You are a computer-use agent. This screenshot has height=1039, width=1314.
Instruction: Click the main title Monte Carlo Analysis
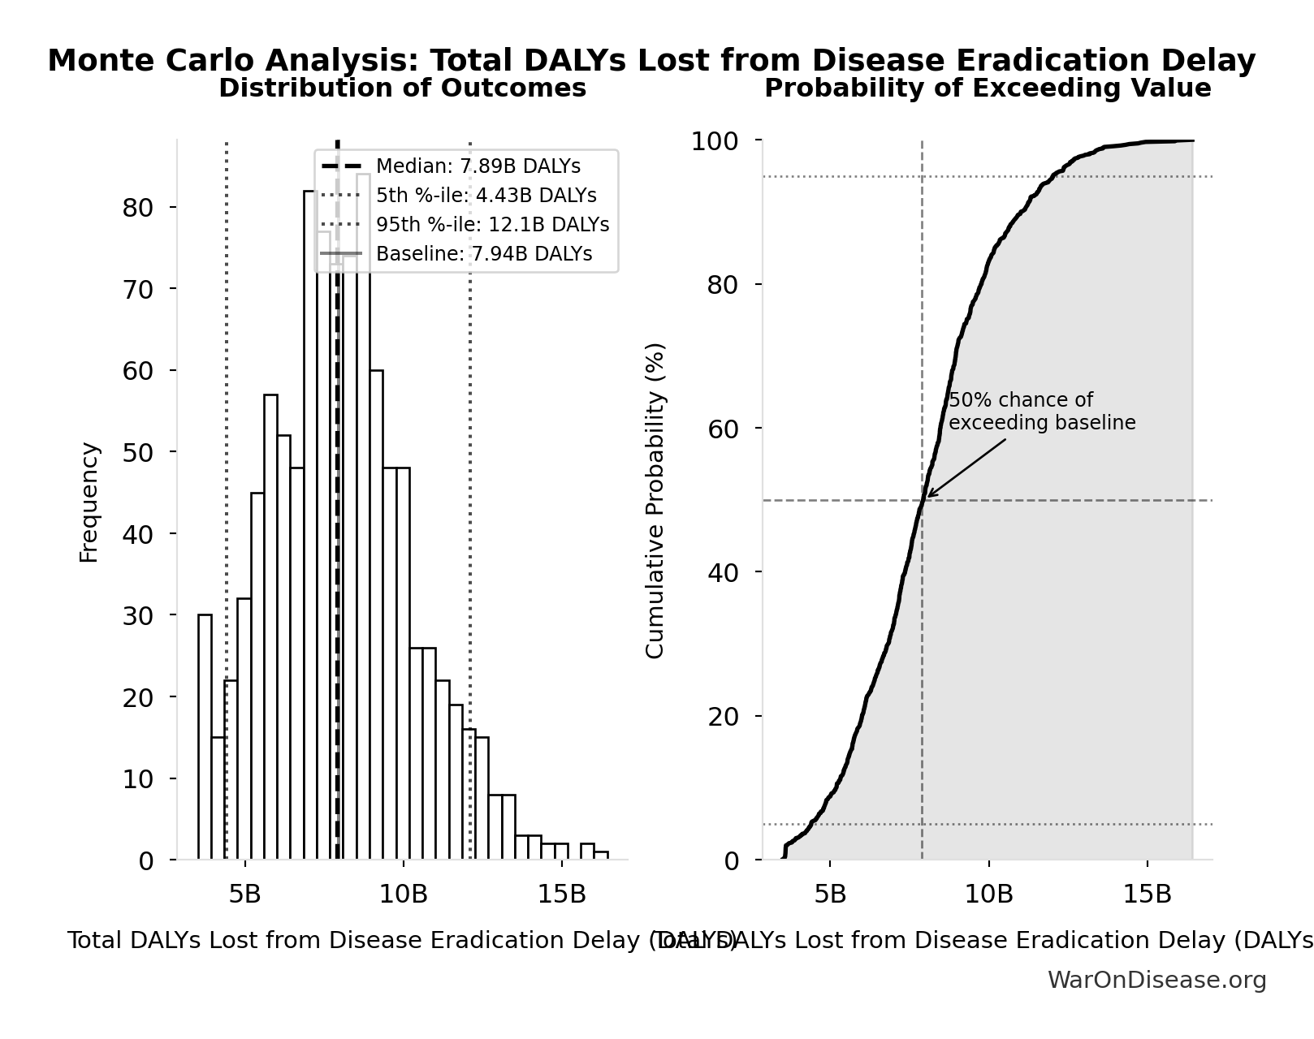pyautogui.click(x=651, y=61)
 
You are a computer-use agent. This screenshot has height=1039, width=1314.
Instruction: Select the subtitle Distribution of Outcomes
pyautogui.click(x=402, y=88)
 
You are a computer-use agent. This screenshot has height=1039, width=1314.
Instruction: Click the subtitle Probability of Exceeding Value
pyautogui.click(x=987, y=88)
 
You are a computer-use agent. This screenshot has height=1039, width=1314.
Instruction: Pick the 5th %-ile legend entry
pyautogui.click(x=486, y=196)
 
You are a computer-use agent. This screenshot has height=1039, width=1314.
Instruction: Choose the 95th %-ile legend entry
pyautogui.click(x=492, y=225)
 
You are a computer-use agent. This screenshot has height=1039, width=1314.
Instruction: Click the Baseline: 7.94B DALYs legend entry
pyautogui.click(x=483, y=254)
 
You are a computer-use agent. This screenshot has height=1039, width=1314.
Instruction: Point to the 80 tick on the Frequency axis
pyautogui.click(x=137, y=208)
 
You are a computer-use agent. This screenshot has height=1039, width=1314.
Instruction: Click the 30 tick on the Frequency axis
pyautogui.click(x=137, y=616)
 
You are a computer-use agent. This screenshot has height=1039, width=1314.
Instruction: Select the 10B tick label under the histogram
pyautogui.click(x=403, y=894)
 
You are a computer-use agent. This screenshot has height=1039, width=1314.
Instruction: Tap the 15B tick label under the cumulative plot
pyautogui.click(x=1147, y=894)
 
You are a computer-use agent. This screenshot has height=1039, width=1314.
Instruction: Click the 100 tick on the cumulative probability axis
pyautogui.click(x=714, y=141)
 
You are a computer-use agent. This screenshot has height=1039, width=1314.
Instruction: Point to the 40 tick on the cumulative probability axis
pyautogui.click(x=722, y=572)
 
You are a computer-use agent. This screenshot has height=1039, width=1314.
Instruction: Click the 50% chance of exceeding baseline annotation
pyautogui.click(x=1041, y=412)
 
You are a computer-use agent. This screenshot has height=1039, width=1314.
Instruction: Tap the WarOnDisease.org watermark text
pyautogui.click(x=1156, y=980)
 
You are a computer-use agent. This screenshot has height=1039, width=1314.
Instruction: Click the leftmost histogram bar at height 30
pyautogui.click(x=205, y=737)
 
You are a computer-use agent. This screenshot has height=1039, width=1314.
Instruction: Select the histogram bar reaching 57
pyautogui.click(x=270, y=627)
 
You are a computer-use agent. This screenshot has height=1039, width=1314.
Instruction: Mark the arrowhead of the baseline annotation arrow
pyautogui.click(x=928, y=496)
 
